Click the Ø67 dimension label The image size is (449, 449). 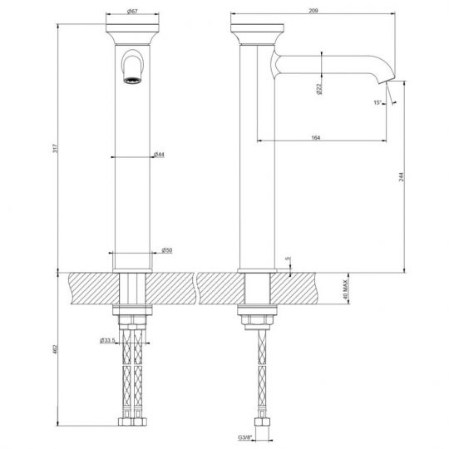click(x=133, y=11)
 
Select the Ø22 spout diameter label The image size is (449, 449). click(x=319, y=87)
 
